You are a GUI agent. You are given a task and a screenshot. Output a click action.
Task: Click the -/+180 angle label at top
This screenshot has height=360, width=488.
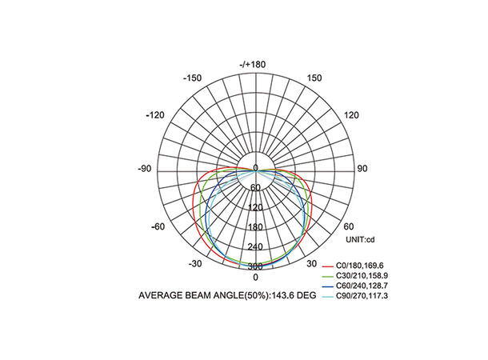point(253,65)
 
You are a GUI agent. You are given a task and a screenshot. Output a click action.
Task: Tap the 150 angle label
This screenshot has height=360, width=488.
point(314,78)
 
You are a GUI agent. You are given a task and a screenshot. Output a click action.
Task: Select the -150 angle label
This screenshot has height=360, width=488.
point(192,78)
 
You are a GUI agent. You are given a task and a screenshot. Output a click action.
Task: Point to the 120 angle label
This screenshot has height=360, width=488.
point(351,115)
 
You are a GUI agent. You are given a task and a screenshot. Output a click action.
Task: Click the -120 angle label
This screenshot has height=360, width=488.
point(155,115)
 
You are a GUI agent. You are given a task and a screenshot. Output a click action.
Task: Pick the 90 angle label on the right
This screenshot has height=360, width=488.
point(362,169)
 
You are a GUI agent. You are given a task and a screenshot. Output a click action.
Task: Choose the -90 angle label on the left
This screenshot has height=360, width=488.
point(144,169)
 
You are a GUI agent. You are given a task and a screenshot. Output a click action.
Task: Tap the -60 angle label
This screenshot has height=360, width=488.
point(158,226)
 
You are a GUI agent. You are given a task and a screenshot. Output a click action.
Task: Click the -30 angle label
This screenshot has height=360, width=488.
point(195,264)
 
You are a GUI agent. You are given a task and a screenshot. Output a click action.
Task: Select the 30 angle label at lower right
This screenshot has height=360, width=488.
point(311,264)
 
